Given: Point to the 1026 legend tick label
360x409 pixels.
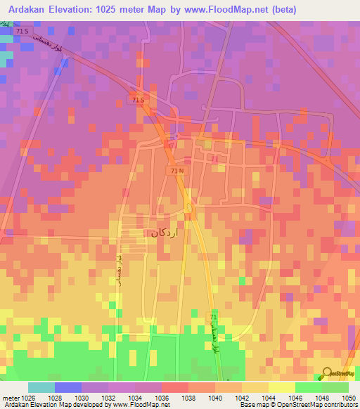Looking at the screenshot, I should tap(27, 398).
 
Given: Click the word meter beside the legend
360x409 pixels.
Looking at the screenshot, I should tap(10, 398).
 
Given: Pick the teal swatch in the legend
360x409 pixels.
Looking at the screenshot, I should tap(41, 387).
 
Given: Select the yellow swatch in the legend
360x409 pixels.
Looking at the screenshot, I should tap(281, 387).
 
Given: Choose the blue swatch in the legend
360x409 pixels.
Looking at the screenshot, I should tap(68, 387).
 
